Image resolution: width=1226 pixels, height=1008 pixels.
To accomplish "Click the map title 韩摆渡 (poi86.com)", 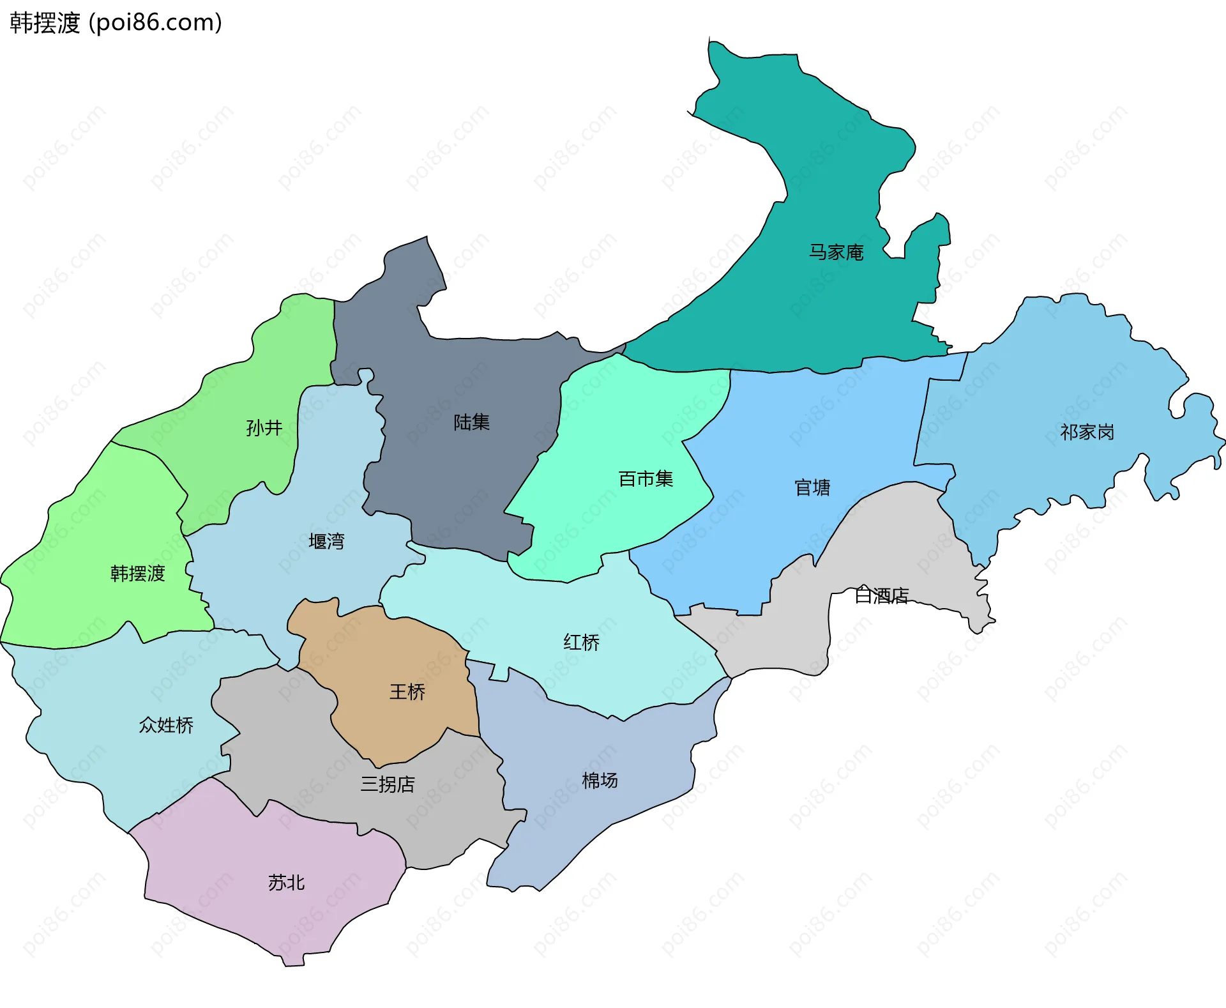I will (116, 23).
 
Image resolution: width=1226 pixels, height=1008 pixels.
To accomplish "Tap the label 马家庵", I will (836, 252).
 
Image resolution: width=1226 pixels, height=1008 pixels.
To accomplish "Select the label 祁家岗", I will (1087, 432).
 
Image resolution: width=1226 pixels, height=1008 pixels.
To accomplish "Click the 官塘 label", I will (812, 488).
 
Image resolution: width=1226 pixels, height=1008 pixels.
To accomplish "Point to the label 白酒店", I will (881, 595).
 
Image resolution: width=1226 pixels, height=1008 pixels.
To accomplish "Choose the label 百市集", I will (646, 478).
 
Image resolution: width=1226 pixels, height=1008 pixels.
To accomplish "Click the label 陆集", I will (471, 422).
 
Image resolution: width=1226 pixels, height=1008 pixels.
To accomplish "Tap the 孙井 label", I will (264, 427).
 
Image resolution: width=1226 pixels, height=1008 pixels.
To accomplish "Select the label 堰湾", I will (326, 542).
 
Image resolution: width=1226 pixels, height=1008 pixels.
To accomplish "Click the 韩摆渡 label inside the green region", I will (137, 574).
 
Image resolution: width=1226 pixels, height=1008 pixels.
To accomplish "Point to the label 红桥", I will (581, 642).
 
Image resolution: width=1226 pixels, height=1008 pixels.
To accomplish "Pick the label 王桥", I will (407, 692).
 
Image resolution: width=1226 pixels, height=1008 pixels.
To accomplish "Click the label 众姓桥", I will (166, 725).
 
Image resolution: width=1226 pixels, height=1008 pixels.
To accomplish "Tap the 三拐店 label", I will (388, 784).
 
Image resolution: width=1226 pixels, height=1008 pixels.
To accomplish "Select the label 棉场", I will (600, 780).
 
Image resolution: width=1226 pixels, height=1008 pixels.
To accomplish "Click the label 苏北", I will (286, 883).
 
